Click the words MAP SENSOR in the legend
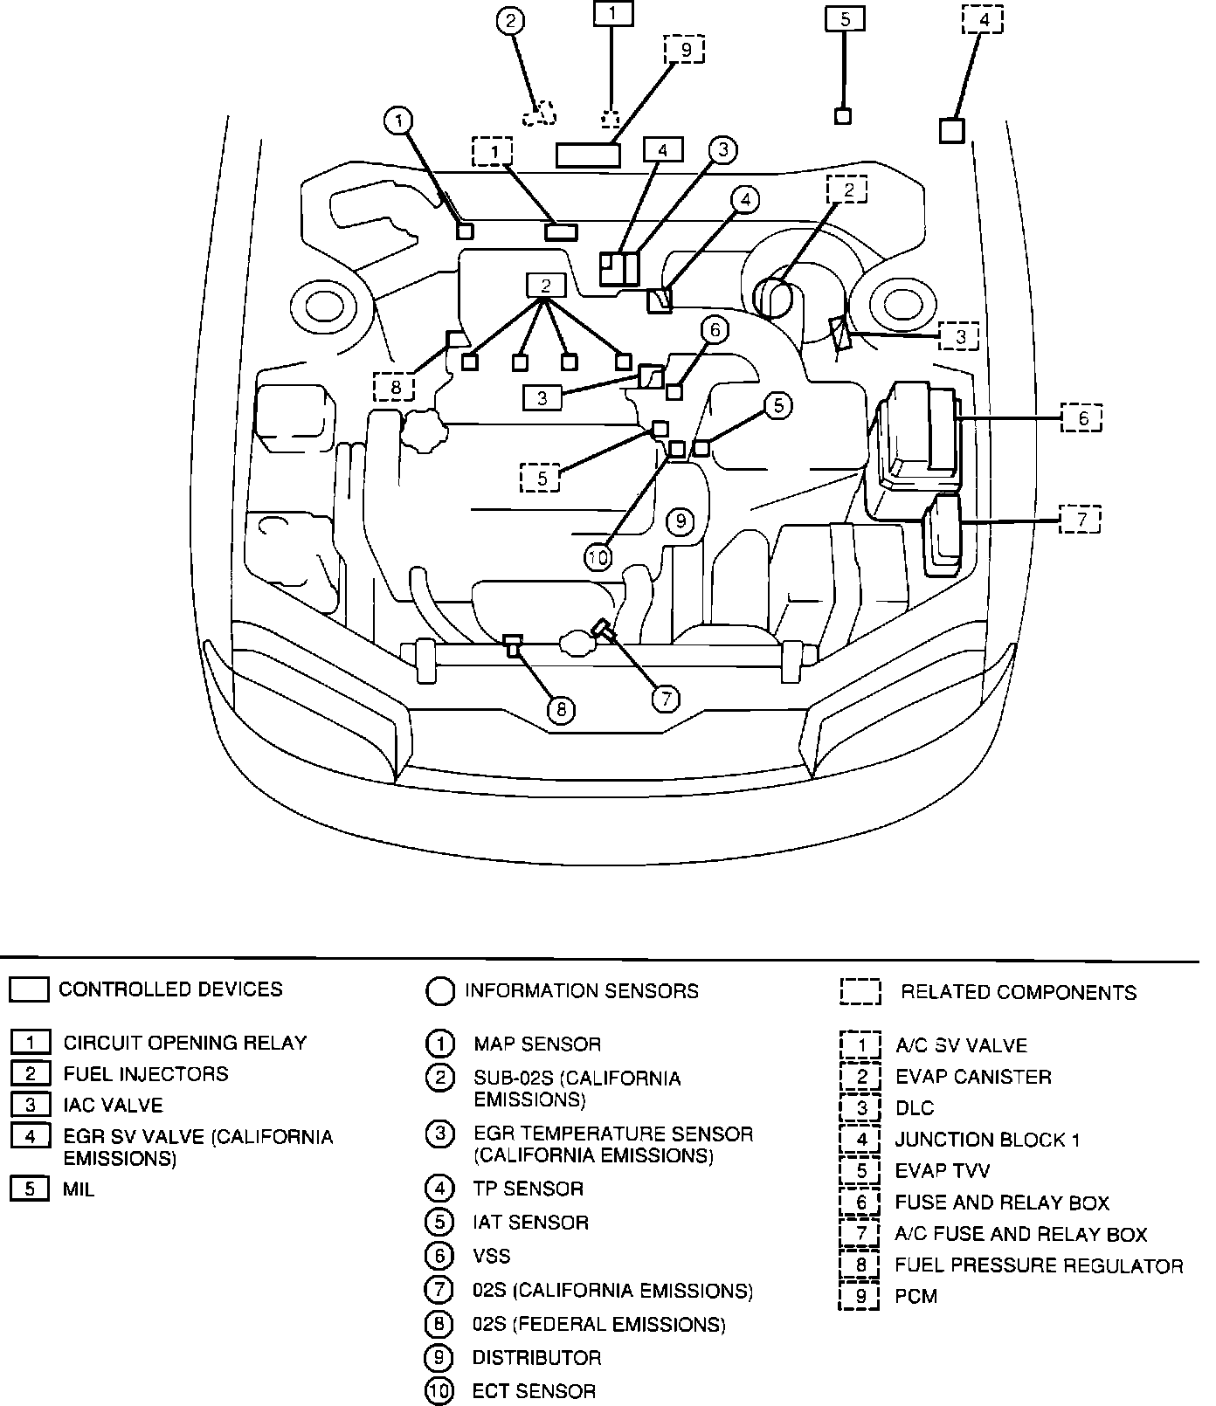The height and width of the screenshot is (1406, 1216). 537,1044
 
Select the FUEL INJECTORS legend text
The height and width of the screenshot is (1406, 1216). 146,1073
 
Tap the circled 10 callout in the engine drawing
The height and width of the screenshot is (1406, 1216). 598,556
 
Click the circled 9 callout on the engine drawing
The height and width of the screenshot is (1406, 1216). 680,522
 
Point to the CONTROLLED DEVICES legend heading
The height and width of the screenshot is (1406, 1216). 170,989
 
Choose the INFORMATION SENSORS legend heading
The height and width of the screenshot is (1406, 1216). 582,991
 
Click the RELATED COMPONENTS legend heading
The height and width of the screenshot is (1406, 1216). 1019,992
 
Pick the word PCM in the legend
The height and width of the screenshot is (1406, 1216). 915,1296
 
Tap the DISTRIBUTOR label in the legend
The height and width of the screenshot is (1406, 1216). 536,1358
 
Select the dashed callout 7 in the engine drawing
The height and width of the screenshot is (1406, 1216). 1081,520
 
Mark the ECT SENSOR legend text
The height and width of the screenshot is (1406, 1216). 534,1391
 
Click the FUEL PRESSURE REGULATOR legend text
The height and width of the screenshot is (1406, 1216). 1039,1265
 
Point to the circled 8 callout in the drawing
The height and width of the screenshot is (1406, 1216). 561,709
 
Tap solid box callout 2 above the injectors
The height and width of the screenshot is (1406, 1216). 546,285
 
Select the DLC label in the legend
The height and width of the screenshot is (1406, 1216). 915,1108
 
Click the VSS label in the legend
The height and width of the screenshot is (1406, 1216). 491,1256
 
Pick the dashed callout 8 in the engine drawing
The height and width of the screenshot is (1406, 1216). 395,386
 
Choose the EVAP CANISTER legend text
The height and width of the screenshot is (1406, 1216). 973,1077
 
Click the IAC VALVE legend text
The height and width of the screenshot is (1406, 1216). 113,1105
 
